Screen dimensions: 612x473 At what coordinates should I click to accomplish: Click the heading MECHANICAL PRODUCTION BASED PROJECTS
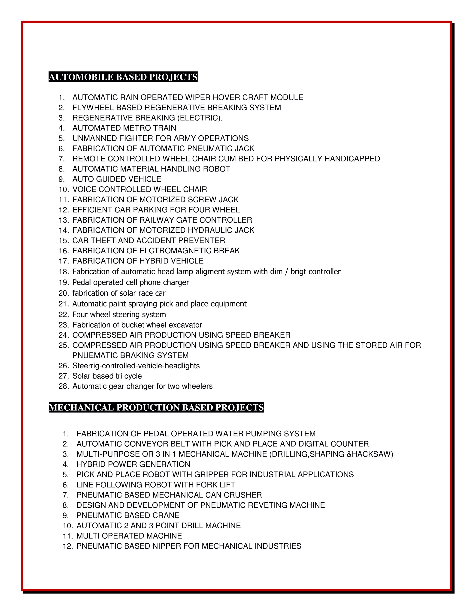coord(156,407)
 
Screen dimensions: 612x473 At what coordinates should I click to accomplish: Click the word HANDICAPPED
coord(352,159)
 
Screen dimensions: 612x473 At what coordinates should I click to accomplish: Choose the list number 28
coord(64,386)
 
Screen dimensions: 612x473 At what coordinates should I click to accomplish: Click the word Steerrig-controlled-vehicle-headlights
coord(136,366)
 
